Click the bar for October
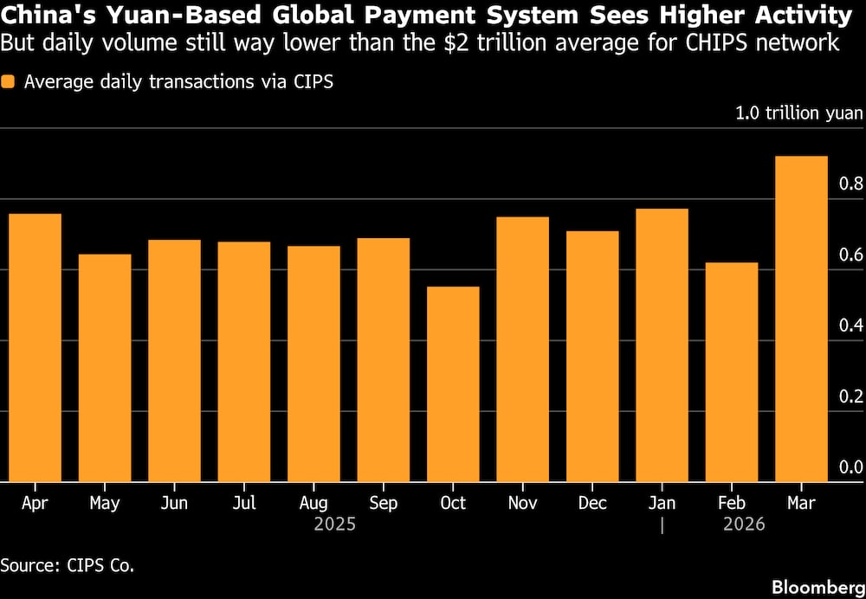point(453,384)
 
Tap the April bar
point(36,347)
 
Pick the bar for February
point(732,372)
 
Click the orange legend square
point(10,82)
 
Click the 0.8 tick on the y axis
point(852,184)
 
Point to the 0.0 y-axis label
point(852,467)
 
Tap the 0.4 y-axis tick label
point(852,325)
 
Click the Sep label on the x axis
point(383,503)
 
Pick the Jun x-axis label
point(175,503)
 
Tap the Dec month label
point(592,503)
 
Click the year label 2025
point(334,525)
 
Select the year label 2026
point(744,525)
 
